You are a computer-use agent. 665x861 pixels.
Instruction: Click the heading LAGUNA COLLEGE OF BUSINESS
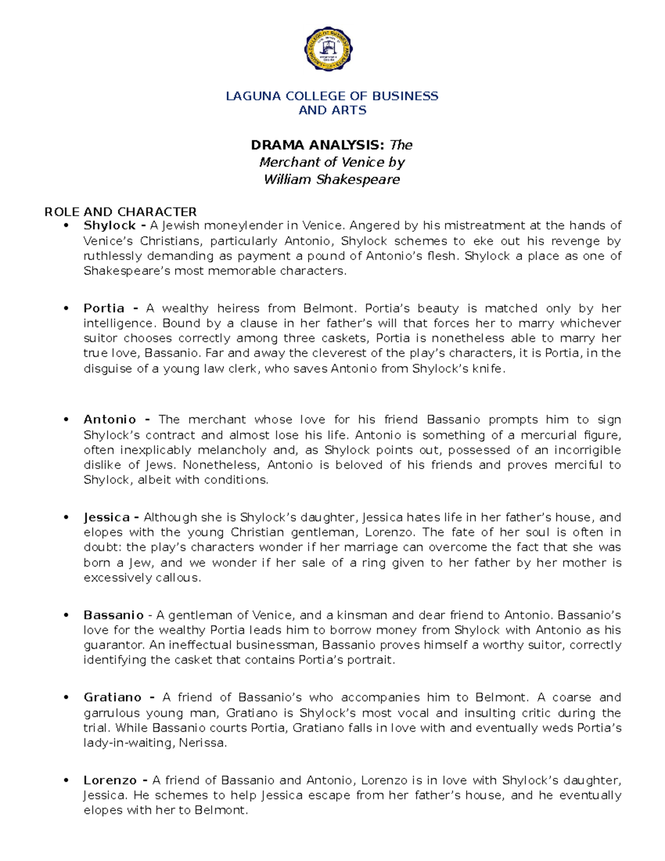332,96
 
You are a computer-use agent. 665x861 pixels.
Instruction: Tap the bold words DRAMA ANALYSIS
317,145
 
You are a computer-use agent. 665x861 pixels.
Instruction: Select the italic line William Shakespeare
331,180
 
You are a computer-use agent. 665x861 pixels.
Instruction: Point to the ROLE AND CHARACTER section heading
120,212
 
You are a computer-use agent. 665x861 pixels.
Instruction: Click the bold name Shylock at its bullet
109,226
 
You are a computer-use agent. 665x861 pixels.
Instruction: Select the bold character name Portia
104,308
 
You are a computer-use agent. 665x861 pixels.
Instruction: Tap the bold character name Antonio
110,420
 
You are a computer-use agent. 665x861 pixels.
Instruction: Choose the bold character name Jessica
106,517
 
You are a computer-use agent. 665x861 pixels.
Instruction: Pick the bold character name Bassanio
114,615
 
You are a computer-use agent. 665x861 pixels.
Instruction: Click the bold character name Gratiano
112,697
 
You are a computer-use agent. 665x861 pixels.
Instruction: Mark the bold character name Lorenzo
110,781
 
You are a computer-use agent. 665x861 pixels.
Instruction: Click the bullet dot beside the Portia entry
66,309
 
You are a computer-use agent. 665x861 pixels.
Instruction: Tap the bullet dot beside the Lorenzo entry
66,781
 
